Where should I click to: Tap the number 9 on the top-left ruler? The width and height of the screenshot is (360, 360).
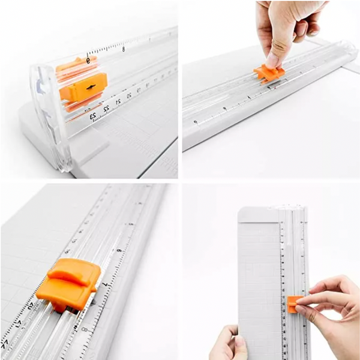tap(88, 59)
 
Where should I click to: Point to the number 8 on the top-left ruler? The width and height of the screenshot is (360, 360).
tap(124, 49)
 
